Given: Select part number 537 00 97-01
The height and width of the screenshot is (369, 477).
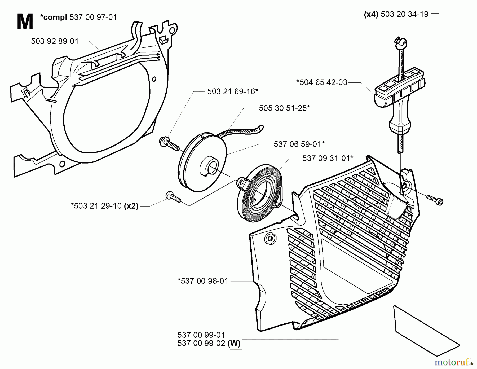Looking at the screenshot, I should coord(93,17).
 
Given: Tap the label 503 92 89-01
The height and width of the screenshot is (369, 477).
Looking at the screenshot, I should coord(55,41).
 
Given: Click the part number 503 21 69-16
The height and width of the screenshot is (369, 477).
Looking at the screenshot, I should coord(232,91).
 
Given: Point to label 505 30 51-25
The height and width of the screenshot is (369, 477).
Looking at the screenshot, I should coord(284,108).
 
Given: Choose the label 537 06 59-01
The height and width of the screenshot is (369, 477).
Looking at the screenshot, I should coord(299,144).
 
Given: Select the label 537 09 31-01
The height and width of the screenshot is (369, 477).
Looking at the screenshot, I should coord(328,159).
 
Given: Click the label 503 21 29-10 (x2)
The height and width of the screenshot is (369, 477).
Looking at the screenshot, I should coord(105,206).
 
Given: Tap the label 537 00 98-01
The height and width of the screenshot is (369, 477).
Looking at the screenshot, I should coord(203,281).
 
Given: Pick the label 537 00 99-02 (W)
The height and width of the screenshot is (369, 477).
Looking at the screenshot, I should coord(209,344).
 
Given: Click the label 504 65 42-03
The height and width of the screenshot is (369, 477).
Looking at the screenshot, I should coord(321,82).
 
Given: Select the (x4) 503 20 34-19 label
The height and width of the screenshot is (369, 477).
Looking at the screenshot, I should coord(396,14).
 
